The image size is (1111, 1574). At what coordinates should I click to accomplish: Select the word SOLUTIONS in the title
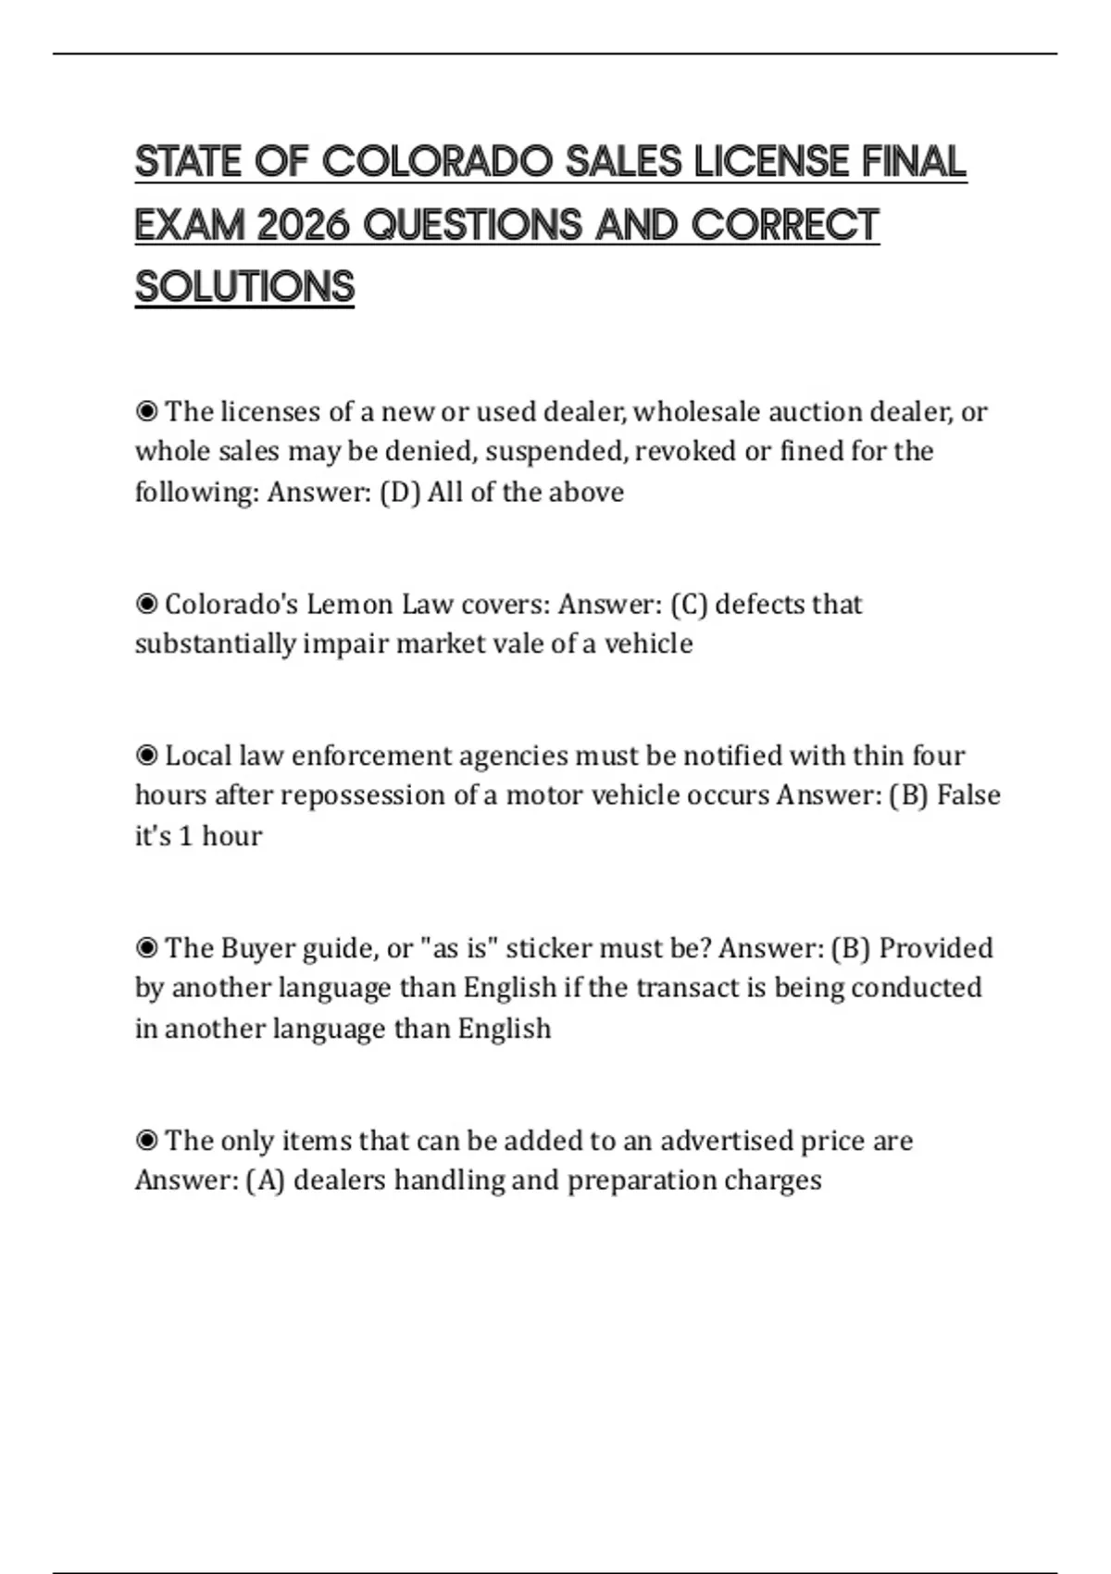point(244,287)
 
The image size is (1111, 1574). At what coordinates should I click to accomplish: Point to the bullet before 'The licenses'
point(146,411)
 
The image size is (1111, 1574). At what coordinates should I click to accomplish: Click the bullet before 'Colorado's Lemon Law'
point(146,605)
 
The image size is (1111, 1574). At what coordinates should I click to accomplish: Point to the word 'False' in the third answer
point(968,795)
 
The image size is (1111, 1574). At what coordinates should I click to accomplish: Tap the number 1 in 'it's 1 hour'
point(185,836)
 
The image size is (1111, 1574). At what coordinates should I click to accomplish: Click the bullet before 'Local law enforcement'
point(146,756)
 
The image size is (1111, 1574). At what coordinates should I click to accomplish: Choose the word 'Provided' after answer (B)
point(935,948)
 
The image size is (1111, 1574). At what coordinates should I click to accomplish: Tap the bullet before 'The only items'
point(146,1141)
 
